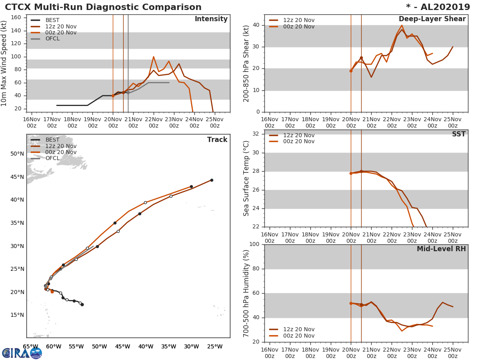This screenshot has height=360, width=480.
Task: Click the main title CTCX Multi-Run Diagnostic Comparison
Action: pos(103,7)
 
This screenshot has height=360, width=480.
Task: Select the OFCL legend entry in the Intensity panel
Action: pos(52,38)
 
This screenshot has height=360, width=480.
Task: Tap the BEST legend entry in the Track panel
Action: pos(52,140)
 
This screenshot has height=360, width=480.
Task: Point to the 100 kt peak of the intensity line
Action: pos(154,56)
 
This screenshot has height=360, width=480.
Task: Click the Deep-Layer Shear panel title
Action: pos(432,19)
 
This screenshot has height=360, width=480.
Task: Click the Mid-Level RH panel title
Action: pos(441,249)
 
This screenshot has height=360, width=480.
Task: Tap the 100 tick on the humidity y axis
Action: pos(254,244)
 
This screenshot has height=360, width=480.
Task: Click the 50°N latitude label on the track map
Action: pos(17,154)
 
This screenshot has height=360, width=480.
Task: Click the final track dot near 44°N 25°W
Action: pos(212,180)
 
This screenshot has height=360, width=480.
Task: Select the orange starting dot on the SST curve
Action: pos(351,173)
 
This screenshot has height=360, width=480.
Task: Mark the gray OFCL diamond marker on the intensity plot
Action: pos(128,92)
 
